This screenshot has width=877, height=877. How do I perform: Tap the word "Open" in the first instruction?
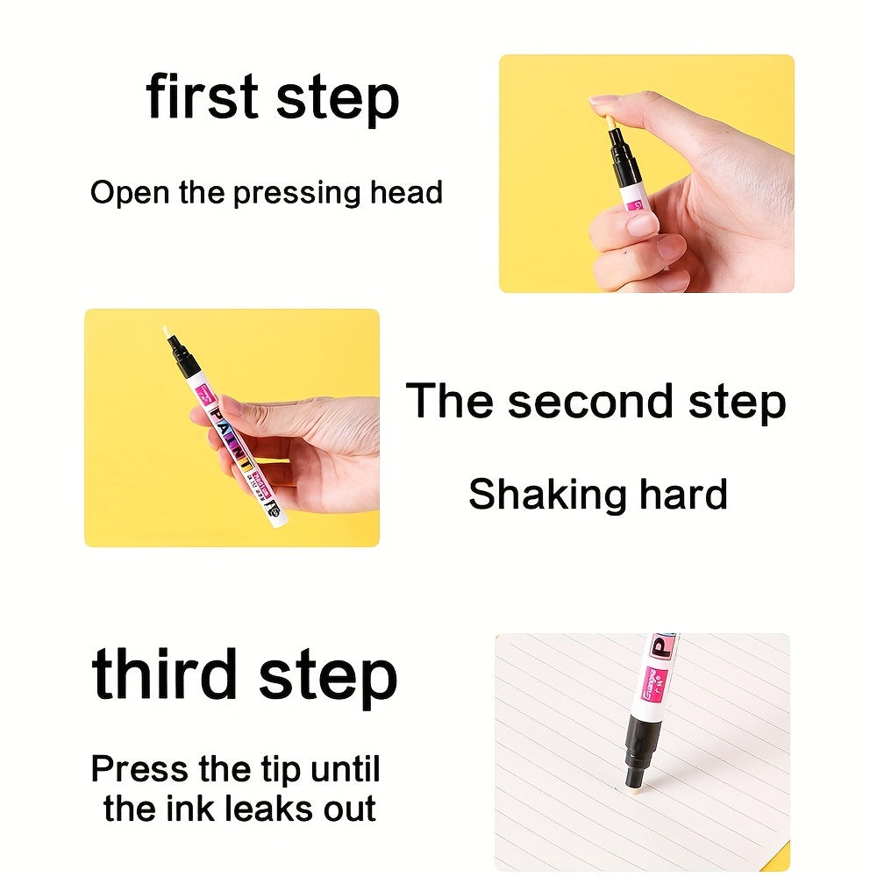click(130, 194)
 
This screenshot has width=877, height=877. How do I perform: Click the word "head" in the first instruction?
click(406, 192)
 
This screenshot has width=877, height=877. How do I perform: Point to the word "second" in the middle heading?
click(590, 401)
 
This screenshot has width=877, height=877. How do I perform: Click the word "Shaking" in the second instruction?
click(547, 495)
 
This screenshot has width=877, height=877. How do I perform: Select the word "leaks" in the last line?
click(266, 809)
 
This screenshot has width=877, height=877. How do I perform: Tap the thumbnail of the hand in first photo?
click(602, 100)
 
